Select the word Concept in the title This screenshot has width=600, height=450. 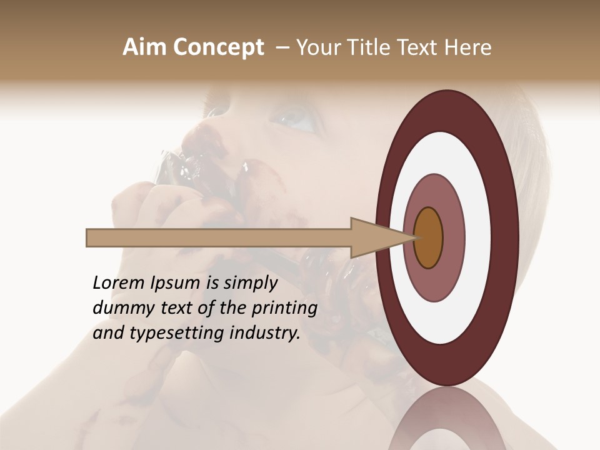pyautogui.click(x=219, y=48)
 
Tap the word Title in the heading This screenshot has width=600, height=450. pyautogui.click(x=369, y=47)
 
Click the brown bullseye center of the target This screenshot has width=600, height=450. pyautogui.click(x=429, y=237)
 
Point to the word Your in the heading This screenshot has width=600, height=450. pyautogui.click(x=318, y=47)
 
